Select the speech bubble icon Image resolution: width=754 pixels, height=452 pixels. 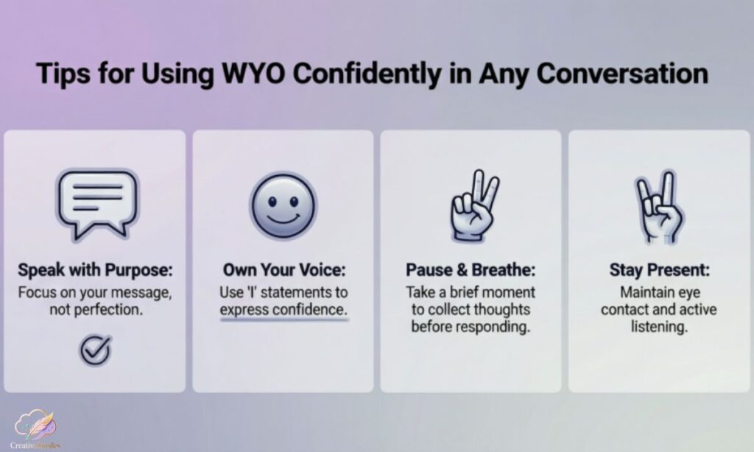[x=95, y=199]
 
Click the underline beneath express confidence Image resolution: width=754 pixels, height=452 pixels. [x=283, y=320]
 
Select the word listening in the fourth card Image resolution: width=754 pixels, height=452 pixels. [x=659, y=326]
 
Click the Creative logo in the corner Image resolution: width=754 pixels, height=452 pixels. [x=34, y=430]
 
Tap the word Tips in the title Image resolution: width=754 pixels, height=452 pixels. [x=62, y=75]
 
